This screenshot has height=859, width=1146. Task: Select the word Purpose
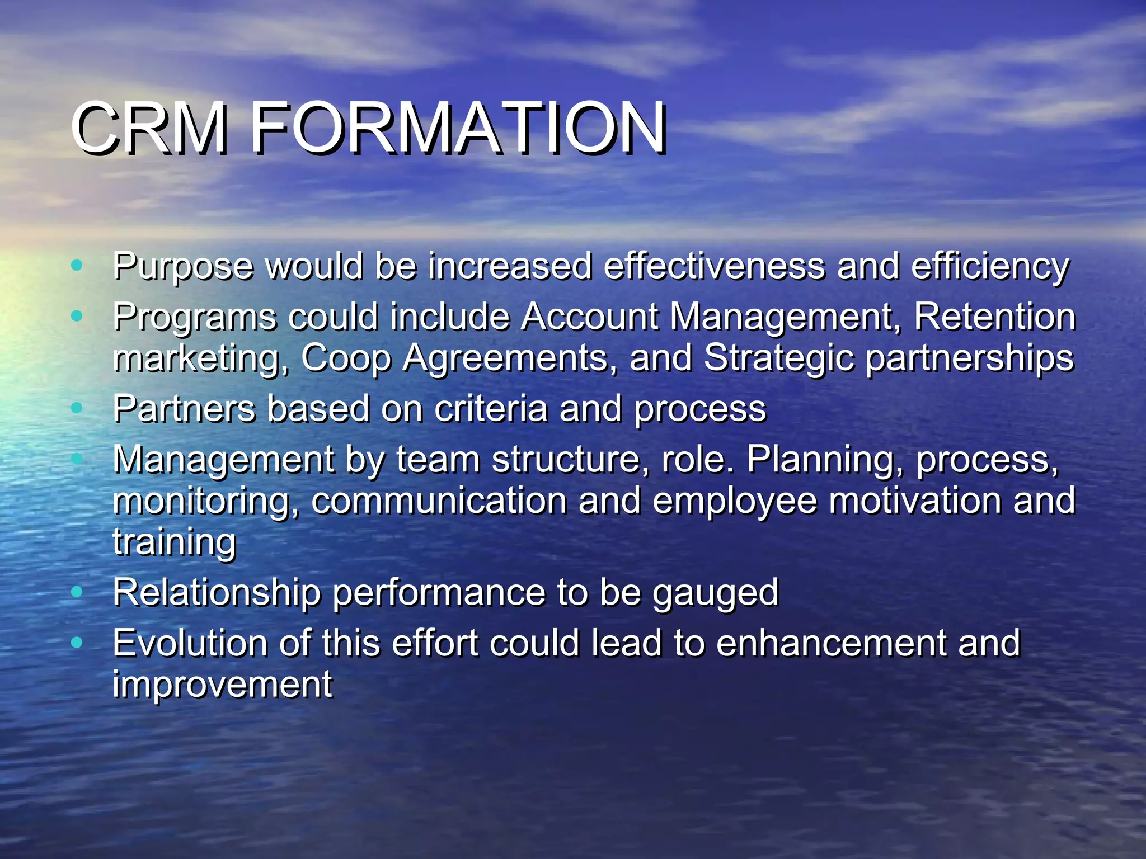[183, 266]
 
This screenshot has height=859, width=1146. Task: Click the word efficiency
[990, 266]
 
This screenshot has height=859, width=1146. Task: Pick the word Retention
[994, 317]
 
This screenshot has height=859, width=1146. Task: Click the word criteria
[491, 408]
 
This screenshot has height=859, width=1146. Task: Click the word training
[175, 542]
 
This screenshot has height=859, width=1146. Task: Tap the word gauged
[716, 593]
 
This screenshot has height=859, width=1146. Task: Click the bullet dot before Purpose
[77, 265]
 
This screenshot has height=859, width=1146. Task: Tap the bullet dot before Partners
[77, 408]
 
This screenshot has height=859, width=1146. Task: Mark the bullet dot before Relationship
[77, 591]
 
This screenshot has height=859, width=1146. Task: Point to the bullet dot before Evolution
[77, 642]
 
